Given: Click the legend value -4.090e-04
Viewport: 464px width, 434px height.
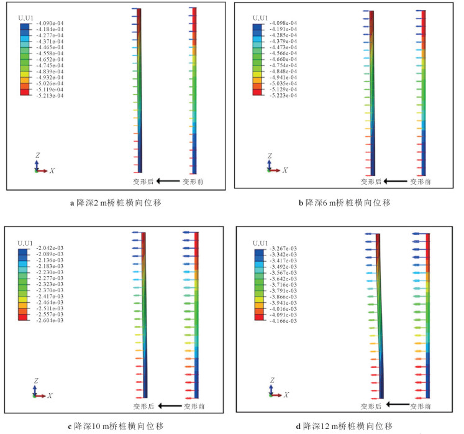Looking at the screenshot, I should point(52,24).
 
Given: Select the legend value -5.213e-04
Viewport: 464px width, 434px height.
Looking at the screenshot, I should point(52,96).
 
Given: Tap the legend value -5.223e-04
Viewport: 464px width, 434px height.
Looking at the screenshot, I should point(282,95).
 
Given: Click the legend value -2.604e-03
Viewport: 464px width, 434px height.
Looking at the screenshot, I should point(51,320).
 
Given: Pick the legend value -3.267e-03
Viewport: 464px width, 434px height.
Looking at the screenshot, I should point(283,248).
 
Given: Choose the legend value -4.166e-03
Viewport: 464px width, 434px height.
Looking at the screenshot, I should point(283,321).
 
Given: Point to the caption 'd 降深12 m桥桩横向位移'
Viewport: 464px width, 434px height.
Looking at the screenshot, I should point(343,426).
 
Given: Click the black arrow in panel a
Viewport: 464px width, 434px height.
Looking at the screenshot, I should point(167,182).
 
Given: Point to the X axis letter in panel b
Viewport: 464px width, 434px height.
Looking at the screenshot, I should point(285,170).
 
